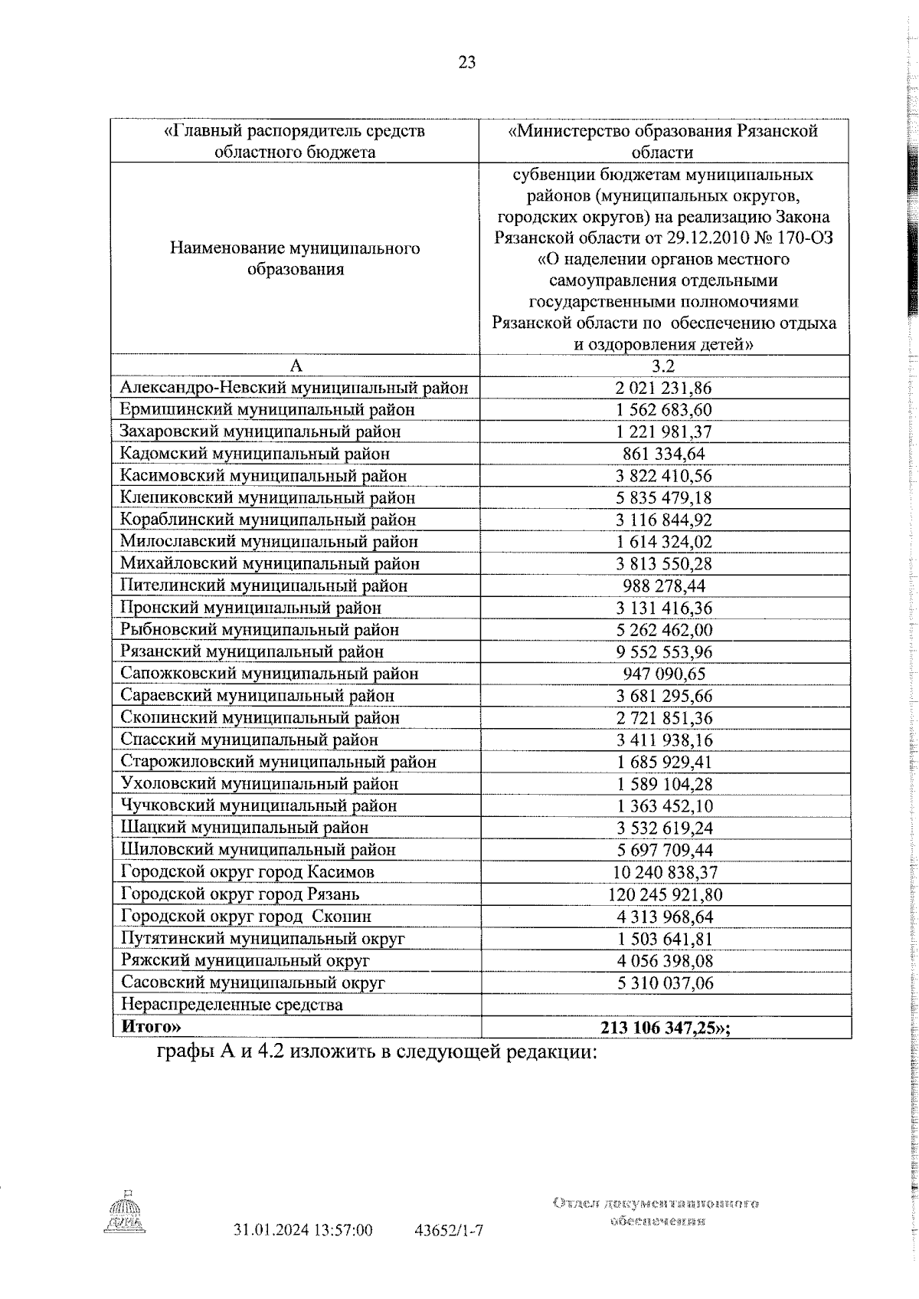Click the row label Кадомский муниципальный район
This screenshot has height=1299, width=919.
pos(255,454)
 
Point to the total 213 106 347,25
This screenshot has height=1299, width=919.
pos(674,1027)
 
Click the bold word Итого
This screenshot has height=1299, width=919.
pos(152,1027)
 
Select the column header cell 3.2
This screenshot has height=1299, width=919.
pos(664,366)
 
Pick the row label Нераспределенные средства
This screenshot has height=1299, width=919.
pos(231,1005)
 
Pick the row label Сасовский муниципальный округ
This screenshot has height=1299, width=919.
pos(253,982)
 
